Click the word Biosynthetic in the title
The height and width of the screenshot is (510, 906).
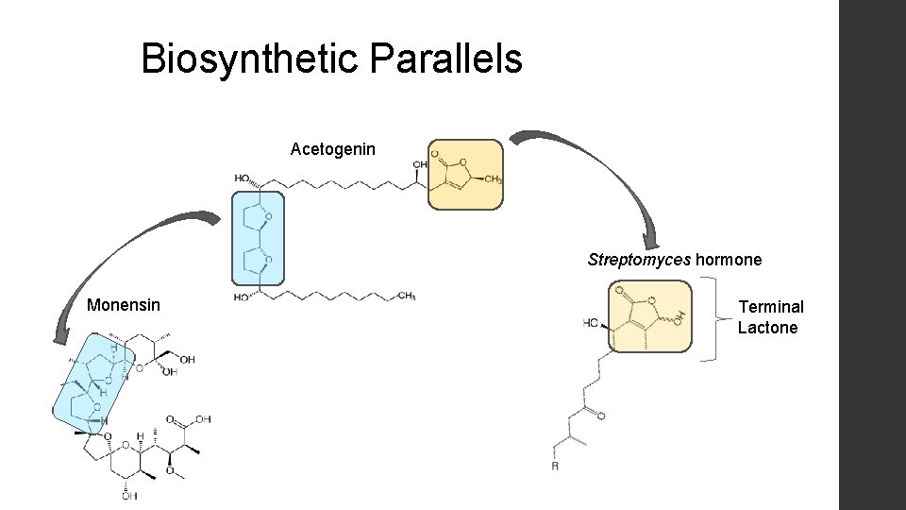coord(249,59)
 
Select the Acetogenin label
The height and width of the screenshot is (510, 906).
coord(332,149)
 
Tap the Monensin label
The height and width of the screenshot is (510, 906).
coord(123,305)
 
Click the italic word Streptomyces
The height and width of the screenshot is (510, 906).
coord(639,259)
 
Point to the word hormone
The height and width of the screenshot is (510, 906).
coord(729,259)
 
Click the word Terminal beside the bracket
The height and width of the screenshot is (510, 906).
coord(771,307)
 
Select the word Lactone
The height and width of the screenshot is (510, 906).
coord(767,328)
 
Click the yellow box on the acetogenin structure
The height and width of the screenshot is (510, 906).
coord(465,175)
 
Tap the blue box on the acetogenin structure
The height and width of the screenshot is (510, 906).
coord(257,238)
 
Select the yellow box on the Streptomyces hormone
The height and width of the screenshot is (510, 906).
coord(652,315)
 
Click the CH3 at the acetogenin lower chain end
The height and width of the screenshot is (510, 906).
coord(407,296)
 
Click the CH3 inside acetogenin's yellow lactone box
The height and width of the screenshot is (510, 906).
coord(492,179)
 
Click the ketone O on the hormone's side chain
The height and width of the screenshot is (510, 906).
coord(602,416)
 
